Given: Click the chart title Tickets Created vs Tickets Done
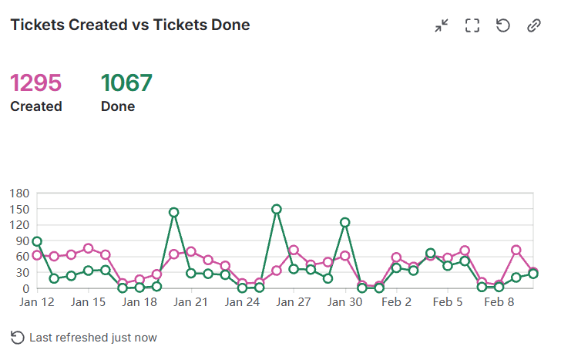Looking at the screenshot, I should (129, 25).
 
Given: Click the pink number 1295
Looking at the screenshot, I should (35, 82).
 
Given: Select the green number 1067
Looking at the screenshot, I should (126, 82).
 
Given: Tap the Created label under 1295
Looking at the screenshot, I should (35, 106).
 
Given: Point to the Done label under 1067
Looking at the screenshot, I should (117, 106).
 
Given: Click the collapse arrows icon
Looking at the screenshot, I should (442, 25).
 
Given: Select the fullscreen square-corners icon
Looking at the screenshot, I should (472, 25).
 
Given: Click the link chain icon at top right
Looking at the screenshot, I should (534, 25).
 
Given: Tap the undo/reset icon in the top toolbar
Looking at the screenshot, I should (503, 25).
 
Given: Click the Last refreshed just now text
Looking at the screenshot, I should (92, 338).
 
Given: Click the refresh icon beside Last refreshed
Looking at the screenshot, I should (18, 338).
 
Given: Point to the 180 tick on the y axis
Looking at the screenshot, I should (19, 192).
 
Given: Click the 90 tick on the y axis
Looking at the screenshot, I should (22, 240).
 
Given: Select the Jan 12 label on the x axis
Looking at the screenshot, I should (37, 303).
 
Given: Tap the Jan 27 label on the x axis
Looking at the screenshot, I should (294, 303).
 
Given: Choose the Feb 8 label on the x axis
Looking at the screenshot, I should (499, 303).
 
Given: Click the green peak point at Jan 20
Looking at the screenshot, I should (174, 212).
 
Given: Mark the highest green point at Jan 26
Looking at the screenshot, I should (277, 209).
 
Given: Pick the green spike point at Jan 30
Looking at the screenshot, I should (345, 222).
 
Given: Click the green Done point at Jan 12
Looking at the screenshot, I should (37, 241).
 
